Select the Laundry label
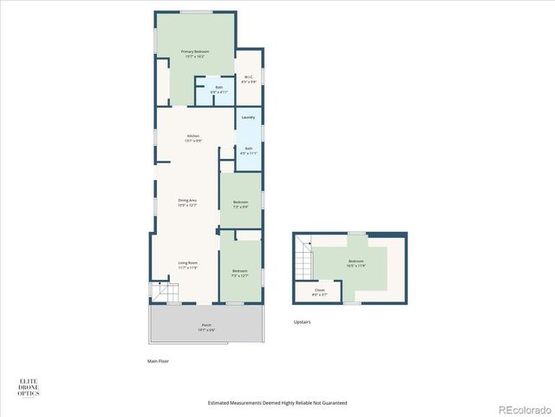pos(248,117)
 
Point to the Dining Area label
pos(187,203)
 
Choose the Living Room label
pos(188,265)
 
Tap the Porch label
pos(206,328)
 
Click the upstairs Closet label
pos(319,292)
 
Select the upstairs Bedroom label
pos(356,263)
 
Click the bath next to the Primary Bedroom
pos(219,89)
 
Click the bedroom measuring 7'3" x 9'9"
pos(240,204)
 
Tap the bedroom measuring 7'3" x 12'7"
pos(240,273)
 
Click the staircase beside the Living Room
pos(160,293)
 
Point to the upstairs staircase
pos(304,258)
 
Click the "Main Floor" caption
pos(157,361)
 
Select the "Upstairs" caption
pos(302,322)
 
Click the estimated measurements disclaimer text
pos(277,403)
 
